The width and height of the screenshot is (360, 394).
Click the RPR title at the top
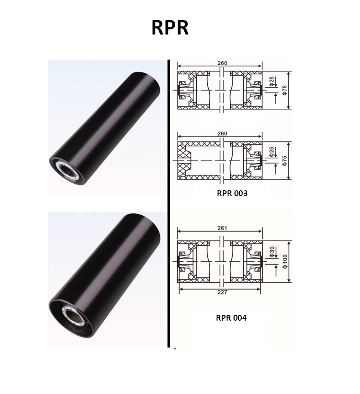coord(170,27)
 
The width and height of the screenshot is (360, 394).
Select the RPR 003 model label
coord(232,193)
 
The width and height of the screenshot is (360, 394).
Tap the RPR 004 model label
coord(231,318)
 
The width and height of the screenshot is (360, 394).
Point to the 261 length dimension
coord(222,228)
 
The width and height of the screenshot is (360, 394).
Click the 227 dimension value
coord(222,292)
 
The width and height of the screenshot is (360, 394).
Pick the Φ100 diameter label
coord(285,262)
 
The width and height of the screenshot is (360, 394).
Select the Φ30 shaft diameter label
coord(271,252)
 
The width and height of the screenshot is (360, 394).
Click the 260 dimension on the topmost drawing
coord(222,63)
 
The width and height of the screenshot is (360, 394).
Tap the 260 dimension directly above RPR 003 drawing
coord(222,133)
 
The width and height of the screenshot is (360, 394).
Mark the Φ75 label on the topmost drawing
coord(284,90)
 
